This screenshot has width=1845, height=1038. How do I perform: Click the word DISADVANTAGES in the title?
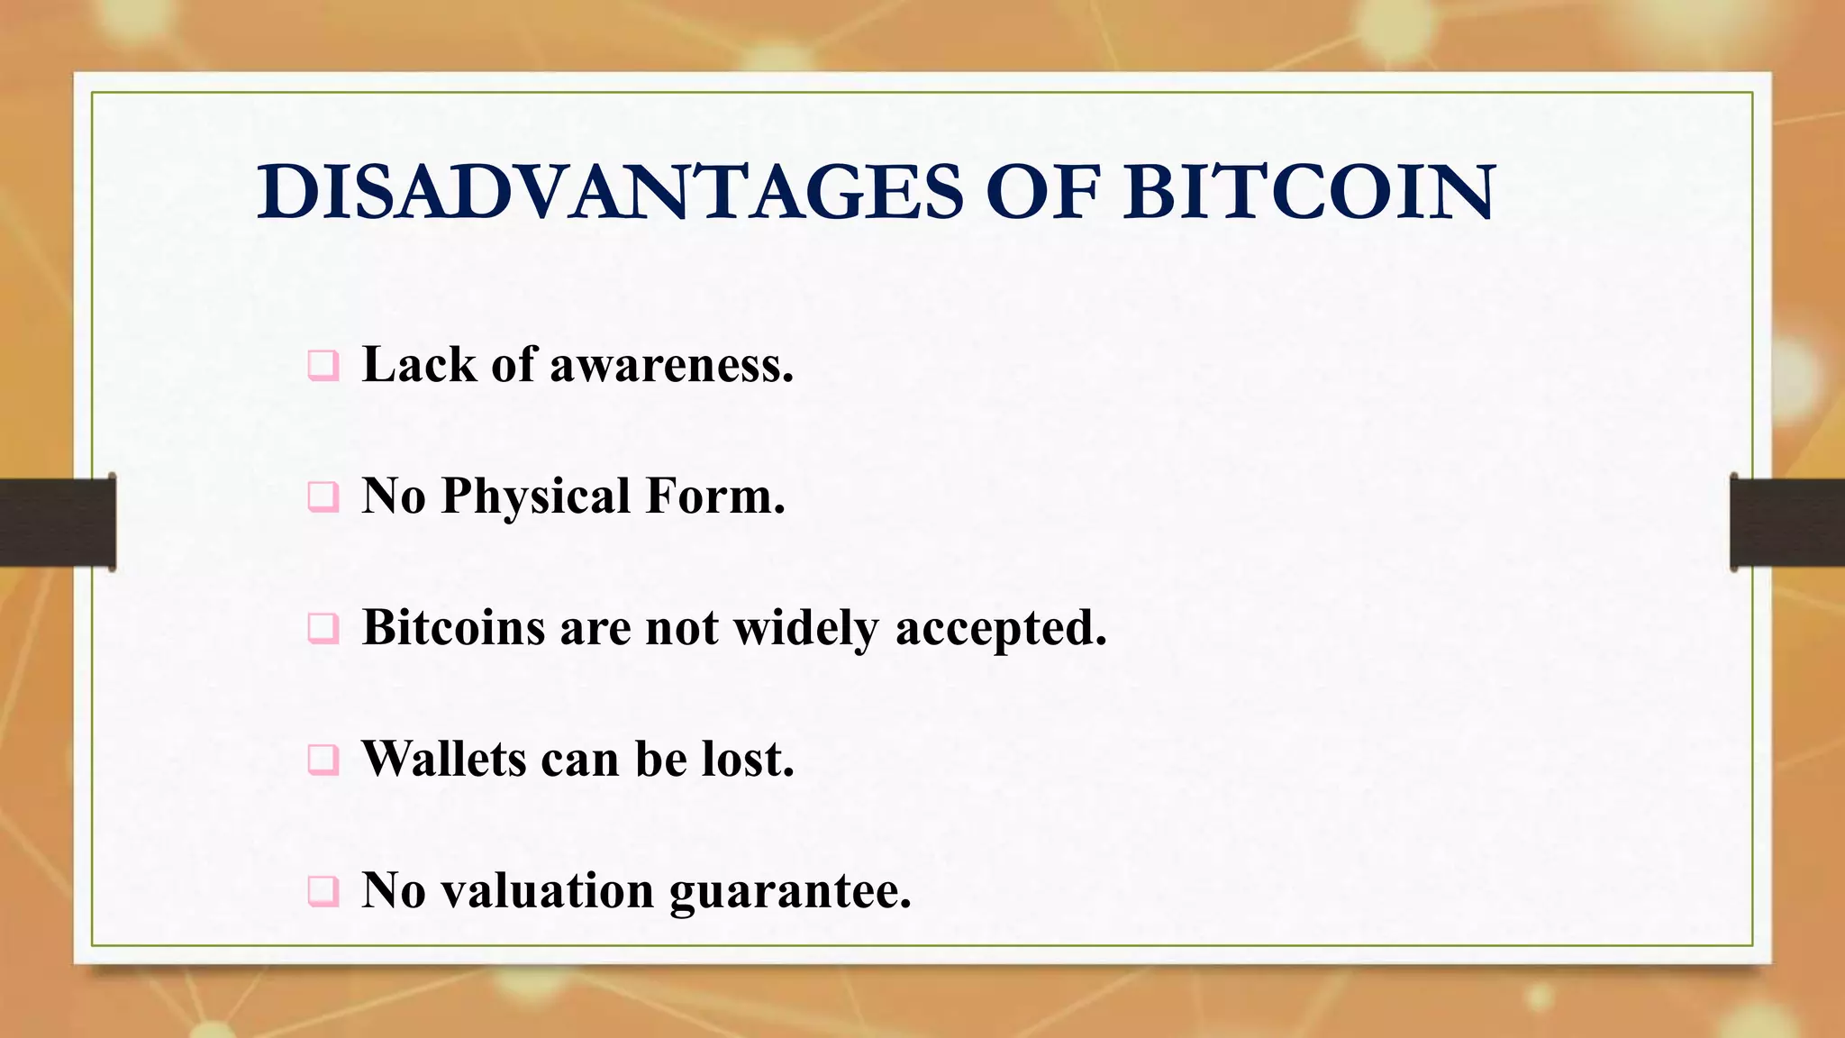coord(610,192)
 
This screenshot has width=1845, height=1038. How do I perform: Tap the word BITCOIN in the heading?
coord(1309,192)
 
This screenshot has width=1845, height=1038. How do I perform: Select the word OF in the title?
coord(1042,192)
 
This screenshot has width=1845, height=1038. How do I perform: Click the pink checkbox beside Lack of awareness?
coord(323,366)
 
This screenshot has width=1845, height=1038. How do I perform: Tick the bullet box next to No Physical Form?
coord(323,497)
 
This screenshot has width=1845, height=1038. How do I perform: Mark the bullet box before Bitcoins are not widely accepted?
coord(323,628)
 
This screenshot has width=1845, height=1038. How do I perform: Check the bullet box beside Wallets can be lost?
coord(323,760)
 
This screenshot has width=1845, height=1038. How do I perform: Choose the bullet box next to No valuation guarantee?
coord(323,891)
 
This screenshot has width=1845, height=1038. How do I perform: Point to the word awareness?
coord(671,366)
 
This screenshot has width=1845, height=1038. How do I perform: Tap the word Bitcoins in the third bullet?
coord(453,627)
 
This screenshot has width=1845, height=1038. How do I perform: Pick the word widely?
coord(805,627)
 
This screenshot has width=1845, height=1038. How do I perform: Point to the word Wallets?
coord(443,759)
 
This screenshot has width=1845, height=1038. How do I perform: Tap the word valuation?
coord(548,890)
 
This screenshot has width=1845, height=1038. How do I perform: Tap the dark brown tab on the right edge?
coord(1787,523)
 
